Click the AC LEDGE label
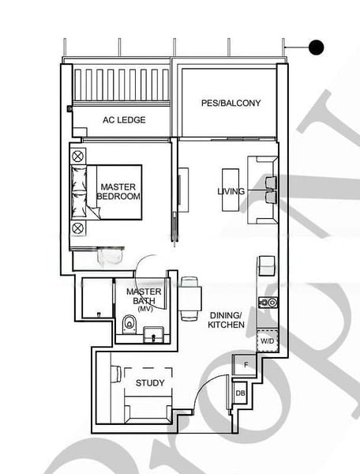click(x=122, y=120)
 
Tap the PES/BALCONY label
click(x=231, y=103)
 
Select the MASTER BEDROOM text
click(x=119, y=191)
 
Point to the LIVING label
click(x=231, y=191)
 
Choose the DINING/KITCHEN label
click(x=227, y=319)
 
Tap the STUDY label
click(x=150, y=383)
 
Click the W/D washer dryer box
click(x=268, y=340)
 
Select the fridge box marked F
click(x=245, y=364)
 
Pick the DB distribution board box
click(x=239, y=393)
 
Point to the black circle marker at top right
click(x=316, y=47)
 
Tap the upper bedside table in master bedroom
click(x=78, y=156)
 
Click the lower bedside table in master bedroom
click(x=78, y=228)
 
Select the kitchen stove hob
click(x=268, y=301)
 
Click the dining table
click(x=189, y=298)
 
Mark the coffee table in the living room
click(x=230, y=190)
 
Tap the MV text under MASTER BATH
click(x=144, y=308)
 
